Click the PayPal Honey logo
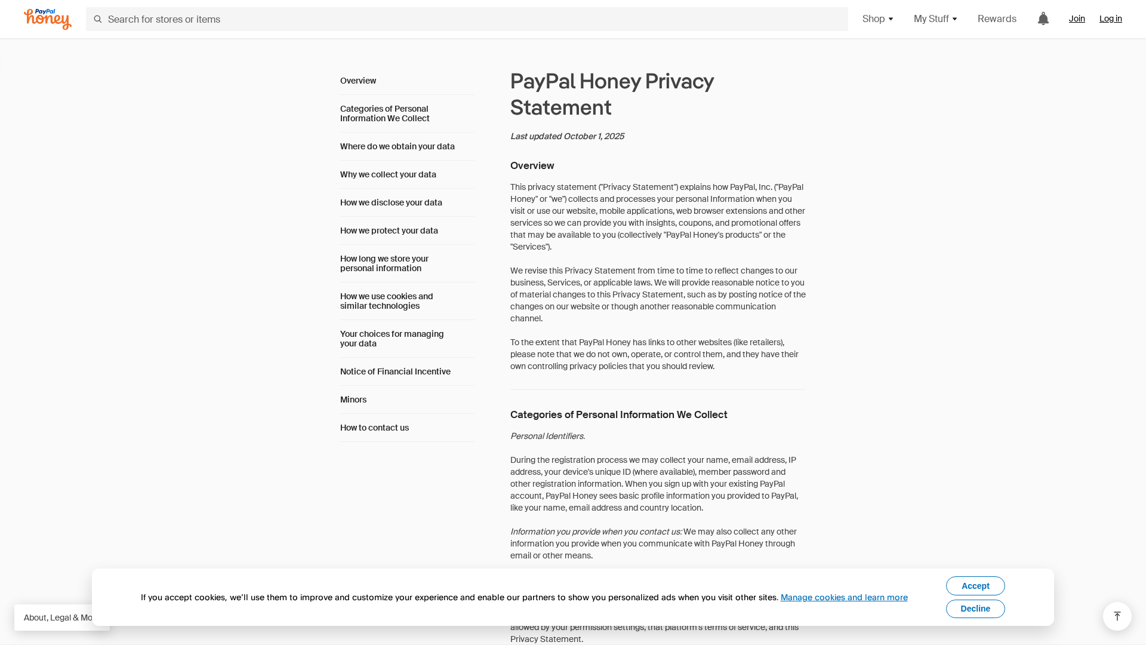(x=48, y=19)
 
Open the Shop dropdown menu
(x=877, y=19)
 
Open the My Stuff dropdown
(x=935, y=19)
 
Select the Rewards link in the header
(x=997, y=19)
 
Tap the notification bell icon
(x=1043, y=19)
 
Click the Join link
(x=1077, y=19)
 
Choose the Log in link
(x=1110, y=19)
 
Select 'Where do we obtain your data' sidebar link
(x=398, y=146)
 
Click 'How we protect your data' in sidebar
(x=389, y=231)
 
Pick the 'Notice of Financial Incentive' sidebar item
(x=395, y=371)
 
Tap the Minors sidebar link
(x=353, y=400)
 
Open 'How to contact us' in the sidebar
(x=374, y=428)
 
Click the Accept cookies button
(x=975, y=586)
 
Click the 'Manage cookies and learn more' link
(x=844, y=597)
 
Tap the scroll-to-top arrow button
(x=1117, y=616)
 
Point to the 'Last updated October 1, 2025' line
(x=567, y=136)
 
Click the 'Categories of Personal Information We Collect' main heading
(x=618, y=414)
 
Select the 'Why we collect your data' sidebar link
(x=388, y=174)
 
